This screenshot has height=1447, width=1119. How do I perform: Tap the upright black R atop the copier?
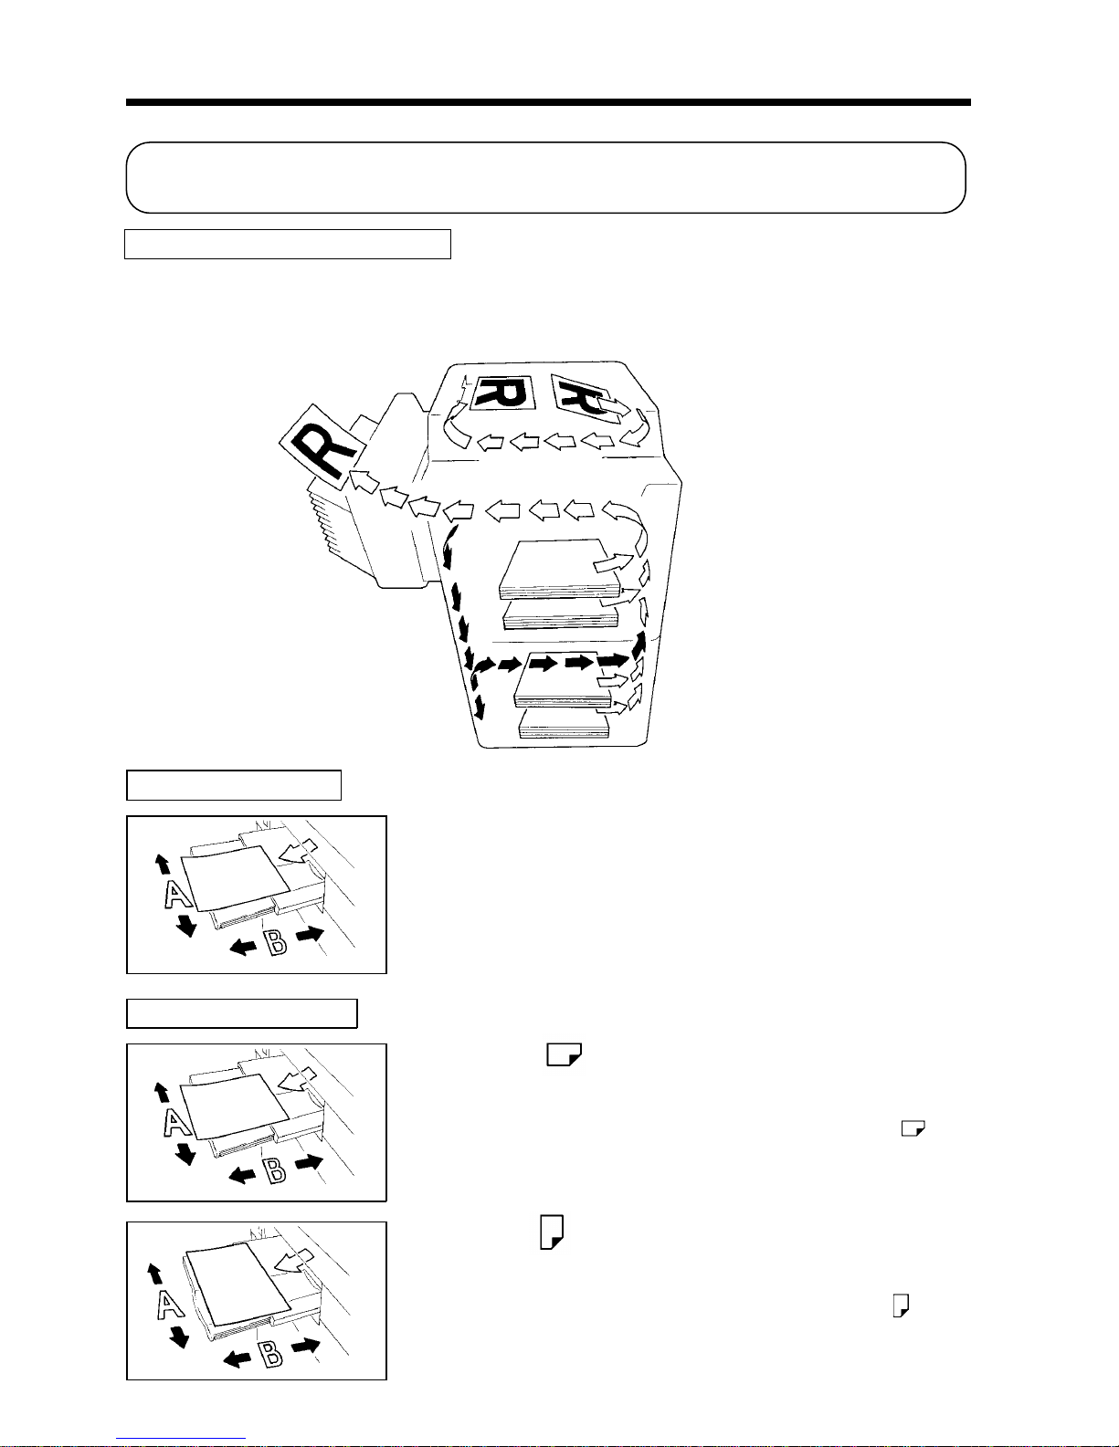pos(503,393)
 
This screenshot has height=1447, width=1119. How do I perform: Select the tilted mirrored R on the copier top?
pos(582,397)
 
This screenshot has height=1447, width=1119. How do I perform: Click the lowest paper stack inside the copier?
pos(565,724)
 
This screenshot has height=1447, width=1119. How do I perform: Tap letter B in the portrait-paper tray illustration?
pos(270,1354)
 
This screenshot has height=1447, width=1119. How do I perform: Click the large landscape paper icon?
pos(565,1054)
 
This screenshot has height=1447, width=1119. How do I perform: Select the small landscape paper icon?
pos(913,1128)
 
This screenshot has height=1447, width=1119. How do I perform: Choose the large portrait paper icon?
pos(552,1232)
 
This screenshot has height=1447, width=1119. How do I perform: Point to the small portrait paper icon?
pos(902,1305)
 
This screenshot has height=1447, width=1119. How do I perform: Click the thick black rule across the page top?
pos(548,102)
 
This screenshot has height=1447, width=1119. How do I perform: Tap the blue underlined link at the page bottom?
pos(181,1439)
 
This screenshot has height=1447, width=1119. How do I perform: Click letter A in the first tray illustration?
pos(177,894)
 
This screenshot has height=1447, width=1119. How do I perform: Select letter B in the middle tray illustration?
pos(275,1171)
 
